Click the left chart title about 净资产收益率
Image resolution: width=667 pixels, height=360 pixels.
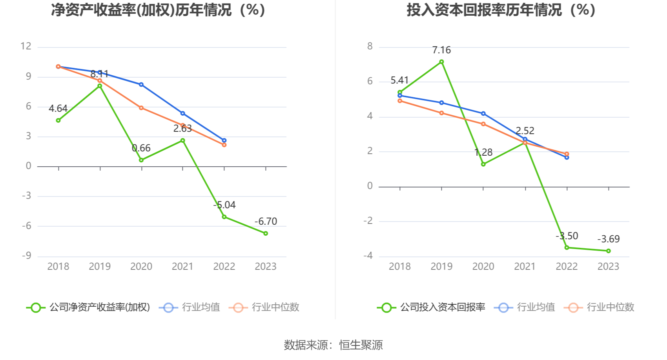pos(158,10)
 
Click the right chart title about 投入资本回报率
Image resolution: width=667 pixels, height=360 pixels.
pos(501,10)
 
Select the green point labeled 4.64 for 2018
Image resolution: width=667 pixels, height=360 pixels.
pos(58,120)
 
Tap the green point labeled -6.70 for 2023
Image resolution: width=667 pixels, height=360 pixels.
pos(266,233)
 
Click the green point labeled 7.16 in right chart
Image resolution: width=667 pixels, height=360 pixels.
pos(441,62)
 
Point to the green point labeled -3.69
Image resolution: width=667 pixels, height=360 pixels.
pos(608,251)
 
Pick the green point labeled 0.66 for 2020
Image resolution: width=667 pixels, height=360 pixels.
pos(141,160)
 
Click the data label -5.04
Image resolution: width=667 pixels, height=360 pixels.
pos(225,205)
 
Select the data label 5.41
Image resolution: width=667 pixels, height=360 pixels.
pos(399,80)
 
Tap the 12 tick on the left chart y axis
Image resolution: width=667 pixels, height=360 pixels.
pos(26,46)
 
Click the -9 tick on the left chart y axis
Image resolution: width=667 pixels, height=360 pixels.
pos(26,256)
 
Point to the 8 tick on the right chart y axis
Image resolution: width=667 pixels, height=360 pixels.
pos(370,46)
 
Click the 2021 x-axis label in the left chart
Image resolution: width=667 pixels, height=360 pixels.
pos(182,267)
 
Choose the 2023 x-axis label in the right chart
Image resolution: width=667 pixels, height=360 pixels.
pos(608,267)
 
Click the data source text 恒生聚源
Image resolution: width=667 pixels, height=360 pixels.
pos(361,345)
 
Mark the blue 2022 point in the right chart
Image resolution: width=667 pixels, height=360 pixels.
pos(567,157)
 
